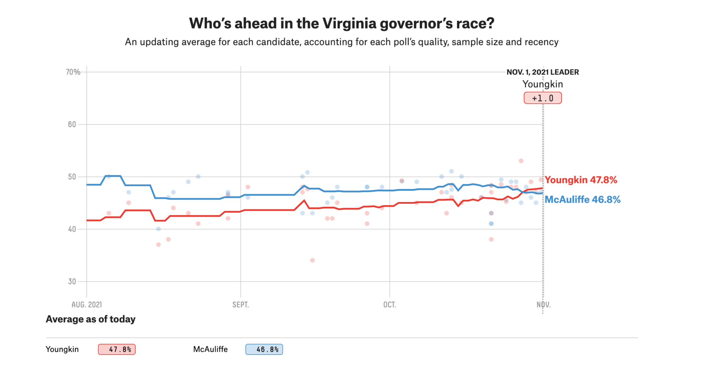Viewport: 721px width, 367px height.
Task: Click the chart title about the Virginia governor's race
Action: (341, 23)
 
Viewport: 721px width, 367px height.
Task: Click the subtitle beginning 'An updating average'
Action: (341, 42)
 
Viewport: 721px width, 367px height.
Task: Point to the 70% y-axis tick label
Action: (73, 72)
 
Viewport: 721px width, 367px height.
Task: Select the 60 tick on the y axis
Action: (72, 124)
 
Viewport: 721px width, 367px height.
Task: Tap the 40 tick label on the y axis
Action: (72, 229)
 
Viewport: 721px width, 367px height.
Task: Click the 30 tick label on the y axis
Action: (72, 281)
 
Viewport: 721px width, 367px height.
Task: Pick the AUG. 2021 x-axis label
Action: (87, 305)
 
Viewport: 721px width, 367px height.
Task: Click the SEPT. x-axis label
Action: (240, 305)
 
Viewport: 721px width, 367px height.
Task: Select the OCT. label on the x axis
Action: (389, 305)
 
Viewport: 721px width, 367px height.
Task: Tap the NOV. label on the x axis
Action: (544, 305)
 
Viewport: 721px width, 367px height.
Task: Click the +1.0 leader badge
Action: (543, 98)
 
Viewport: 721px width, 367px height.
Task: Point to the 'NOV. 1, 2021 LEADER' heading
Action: (543, 72)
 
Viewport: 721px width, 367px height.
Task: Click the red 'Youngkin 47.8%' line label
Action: (581, 180)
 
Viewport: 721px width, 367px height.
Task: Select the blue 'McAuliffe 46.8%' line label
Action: (582, 200)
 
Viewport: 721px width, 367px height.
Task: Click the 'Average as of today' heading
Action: (90, 319)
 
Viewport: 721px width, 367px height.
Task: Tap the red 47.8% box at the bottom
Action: (117, 349)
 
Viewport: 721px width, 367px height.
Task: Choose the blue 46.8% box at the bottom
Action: (264, 349)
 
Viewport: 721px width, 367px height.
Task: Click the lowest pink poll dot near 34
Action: (312, 260)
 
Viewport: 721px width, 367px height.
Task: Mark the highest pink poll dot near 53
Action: (521, 161)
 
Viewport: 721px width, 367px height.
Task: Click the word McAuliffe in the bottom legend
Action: (210, 349)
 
